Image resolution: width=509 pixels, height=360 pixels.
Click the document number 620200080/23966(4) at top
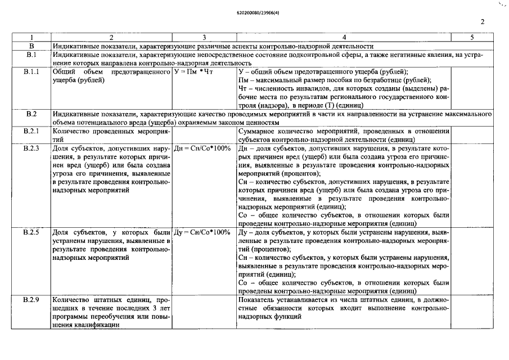(254, 11)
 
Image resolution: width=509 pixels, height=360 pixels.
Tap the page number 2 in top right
(483, 22)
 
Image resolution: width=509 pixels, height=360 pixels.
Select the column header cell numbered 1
(31, 37)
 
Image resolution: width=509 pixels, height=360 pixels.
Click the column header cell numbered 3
(204, 37)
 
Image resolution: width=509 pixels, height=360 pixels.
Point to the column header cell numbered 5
(472, 37)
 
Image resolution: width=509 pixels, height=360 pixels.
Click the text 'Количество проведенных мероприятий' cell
(112, 135)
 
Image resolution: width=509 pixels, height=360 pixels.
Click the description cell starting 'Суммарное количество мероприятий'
(344, 135)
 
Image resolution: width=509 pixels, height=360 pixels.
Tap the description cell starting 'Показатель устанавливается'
(344, 307)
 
